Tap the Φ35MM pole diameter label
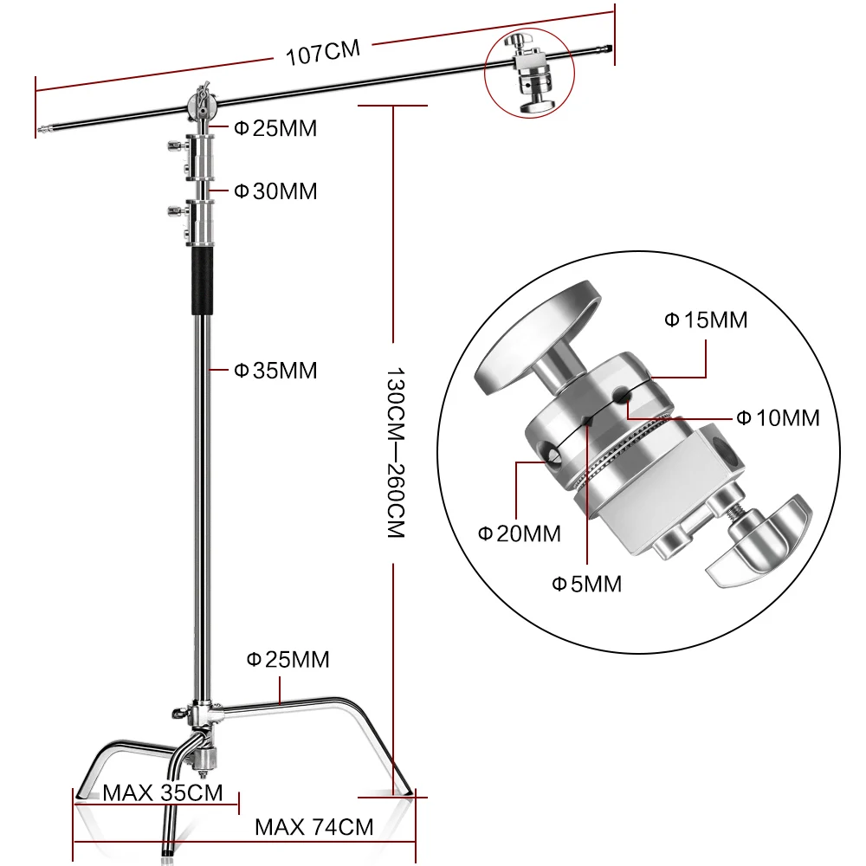point(275,371)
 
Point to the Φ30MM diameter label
point(275,191)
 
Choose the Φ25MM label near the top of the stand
point(275,129)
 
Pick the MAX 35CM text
point(162,792)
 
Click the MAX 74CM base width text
point(313,827)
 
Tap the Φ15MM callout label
point(705,320)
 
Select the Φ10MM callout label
point(777,418)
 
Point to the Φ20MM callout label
point(520,533)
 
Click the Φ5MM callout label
point(587,584)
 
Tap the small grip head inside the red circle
point(531,74)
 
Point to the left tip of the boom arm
point(42,131)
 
